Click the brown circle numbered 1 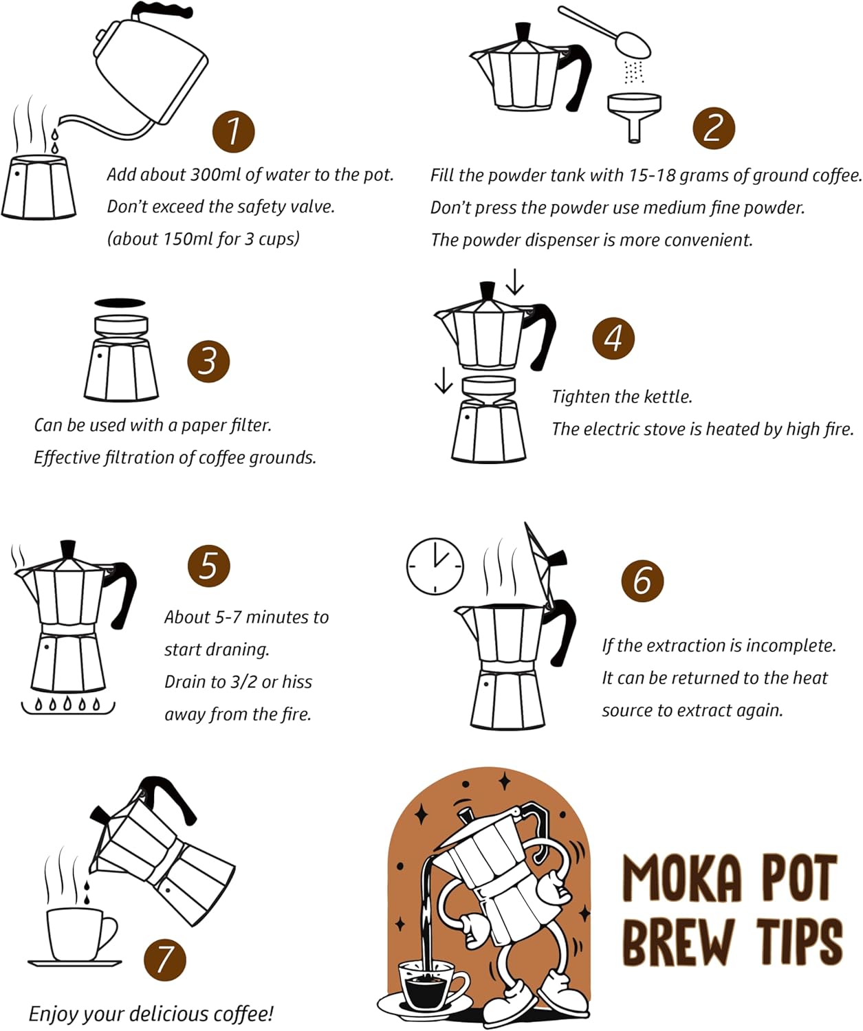coord(233,131)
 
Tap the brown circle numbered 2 coord(714,129)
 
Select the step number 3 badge coord(208,362)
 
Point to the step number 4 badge coord(613,337)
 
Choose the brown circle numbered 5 coord(209,566)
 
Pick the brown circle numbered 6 coord(642,580)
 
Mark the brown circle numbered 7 coord(165,959)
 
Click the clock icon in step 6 coord(435,566)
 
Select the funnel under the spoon coord(634,113)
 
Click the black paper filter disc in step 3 coord(120,303)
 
